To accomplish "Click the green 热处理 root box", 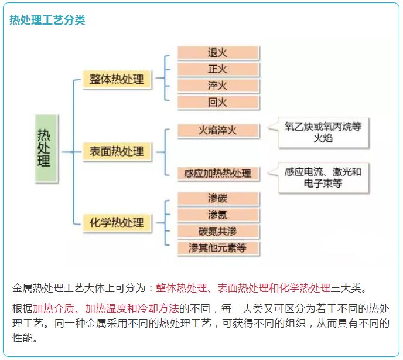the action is point(46,148).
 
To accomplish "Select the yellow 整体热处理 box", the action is point(117,80).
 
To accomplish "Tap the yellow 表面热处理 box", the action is point(117,152).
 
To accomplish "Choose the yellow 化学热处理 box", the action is point(117,223).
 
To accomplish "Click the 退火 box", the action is point(218,53).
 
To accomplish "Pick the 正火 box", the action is point(218,69).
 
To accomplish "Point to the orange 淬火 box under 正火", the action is point(218,86).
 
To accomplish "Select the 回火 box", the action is point(218,103).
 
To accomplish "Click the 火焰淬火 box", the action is point(218,131).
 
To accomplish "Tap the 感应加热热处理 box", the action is point(218,174).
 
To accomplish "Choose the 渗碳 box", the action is point(218,199).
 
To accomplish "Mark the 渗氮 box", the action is point(218,215).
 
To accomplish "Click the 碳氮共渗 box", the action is point(218,232).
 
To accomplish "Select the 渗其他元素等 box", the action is point(218,248).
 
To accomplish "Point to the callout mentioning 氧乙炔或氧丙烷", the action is point(319,133).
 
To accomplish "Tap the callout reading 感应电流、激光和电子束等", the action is point(319,178).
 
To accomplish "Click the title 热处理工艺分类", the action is point(47,20).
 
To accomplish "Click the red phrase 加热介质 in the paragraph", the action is point(53,308).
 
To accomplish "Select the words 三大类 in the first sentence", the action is point(346,288).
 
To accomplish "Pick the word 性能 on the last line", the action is point(23,338).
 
